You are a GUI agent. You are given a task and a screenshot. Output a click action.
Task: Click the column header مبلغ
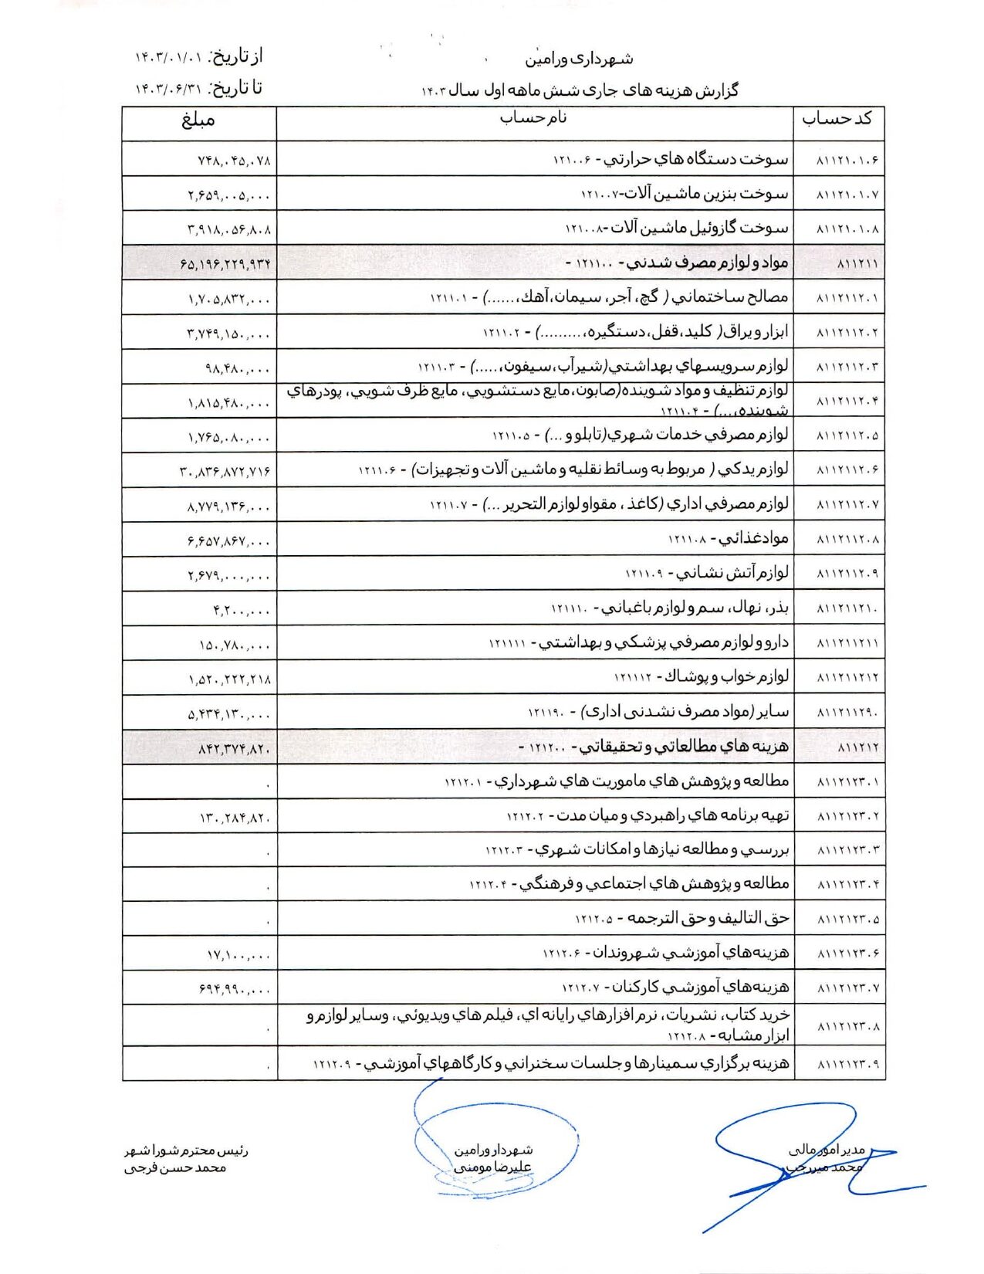click(198, 120)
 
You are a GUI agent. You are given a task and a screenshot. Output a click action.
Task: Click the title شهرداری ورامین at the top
click(580, 59)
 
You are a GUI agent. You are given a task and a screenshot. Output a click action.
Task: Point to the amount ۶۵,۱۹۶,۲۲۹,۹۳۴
click(227, 264)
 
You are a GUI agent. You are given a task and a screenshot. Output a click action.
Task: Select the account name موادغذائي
click(755, 538)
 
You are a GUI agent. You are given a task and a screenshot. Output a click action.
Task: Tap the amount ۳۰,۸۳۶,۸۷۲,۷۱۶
click(225, 470)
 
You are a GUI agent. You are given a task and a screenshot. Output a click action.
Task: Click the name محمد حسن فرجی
click(175, 1168)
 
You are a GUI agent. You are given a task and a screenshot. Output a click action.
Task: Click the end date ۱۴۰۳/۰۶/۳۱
click(169, 90)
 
